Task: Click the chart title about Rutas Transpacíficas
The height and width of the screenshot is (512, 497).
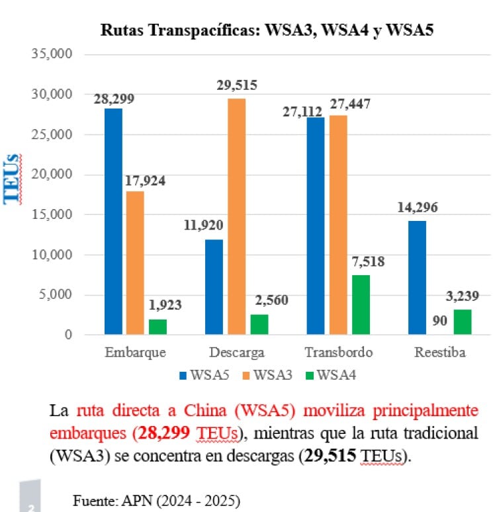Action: coord(267,30)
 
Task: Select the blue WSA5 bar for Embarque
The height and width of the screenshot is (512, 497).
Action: coord(113,222)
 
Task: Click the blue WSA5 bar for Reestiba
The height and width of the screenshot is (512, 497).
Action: coord(418,278)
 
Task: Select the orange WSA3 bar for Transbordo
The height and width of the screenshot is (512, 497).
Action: coord(339,225)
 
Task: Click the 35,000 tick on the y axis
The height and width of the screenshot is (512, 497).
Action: coord(52,54)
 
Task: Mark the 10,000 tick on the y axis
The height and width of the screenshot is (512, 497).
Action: coord(52,255)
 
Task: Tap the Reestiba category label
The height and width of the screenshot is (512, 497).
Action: coord(440,352)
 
